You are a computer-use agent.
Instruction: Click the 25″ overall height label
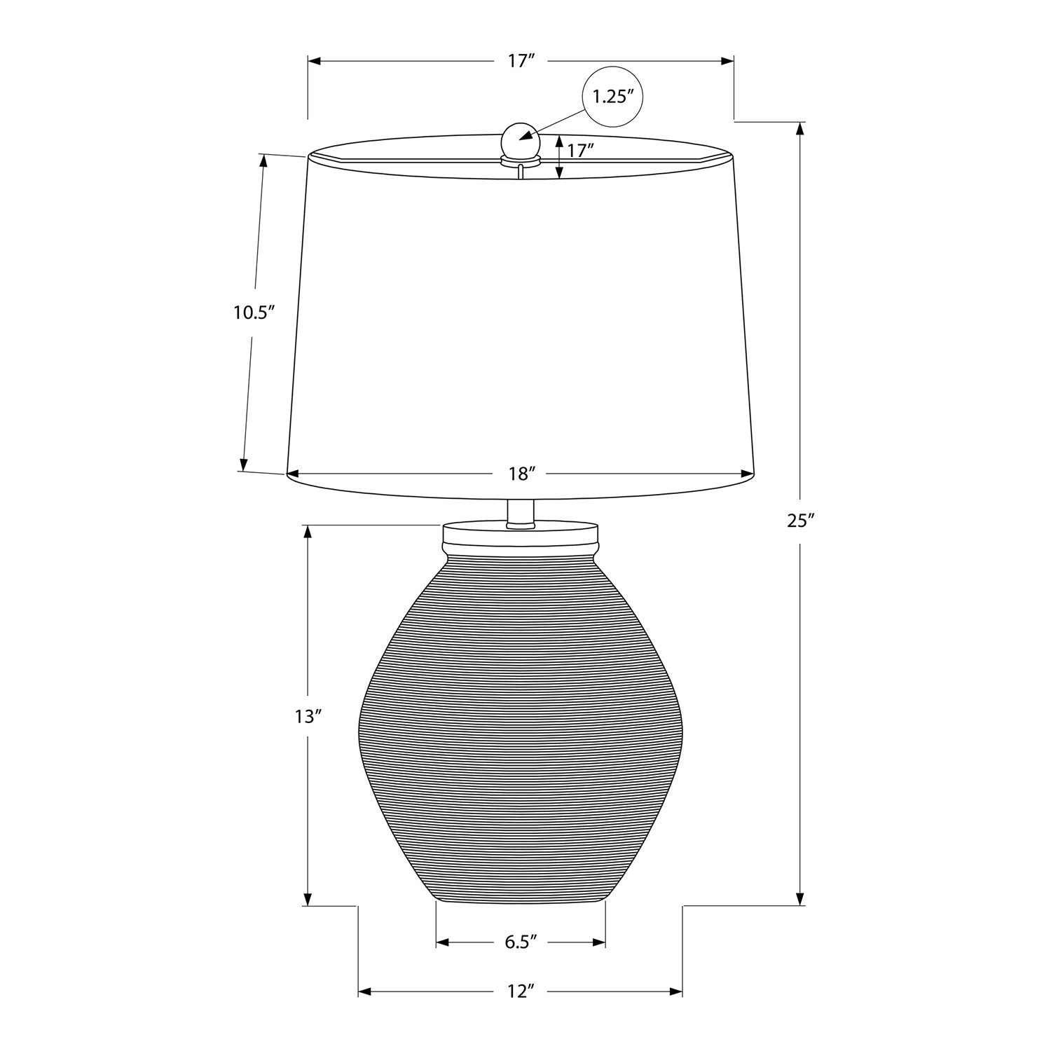pos(800,521)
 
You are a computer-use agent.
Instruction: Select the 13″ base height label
pos(308,717)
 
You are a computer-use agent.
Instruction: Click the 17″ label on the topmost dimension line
pos(521,61)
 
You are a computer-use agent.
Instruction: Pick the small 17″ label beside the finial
pos(581,150)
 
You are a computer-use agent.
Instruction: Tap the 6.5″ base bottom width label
pos(521,942)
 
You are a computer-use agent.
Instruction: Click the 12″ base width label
pos(521,991)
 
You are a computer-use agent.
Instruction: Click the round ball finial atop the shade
pos(520,139)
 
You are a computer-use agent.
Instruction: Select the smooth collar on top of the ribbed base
pos(521,538)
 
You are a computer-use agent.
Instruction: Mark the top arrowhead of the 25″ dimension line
pos(801,128)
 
